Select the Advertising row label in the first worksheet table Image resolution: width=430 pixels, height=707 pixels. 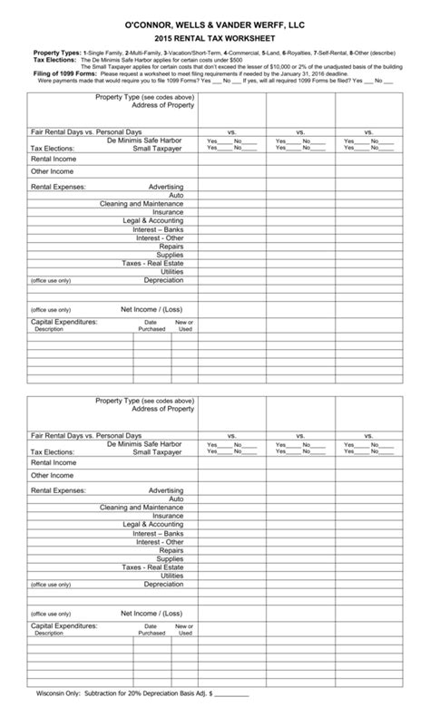[x=166, y=187]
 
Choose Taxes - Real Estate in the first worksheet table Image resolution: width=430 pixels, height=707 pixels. [x=153, y=263]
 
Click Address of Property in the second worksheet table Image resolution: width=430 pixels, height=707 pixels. [x=163, y=409]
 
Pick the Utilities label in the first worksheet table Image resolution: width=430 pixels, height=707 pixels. [x=172, y=271]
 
